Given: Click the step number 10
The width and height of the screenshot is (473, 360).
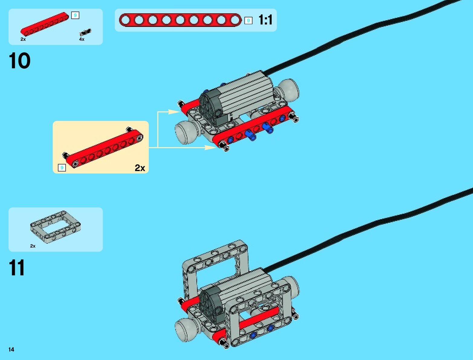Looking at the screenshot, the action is click(x=20, y=61).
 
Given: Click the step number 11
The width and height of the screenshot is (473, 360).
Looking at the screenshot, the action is click(x=17, y=268).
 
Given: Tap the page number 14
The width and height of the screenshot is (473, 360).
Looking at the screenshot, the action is click(x=11, y=349).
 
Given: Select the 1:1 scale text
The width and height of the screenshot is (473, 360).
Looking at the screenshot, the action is click(x=265, y=20).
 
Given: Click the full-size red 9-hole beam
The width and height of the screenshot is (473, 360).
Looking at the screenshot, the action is click(x=180, y=20).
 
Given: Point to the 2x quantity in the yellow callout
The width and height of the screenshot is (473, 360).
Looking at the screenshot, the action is click(x=140, y=168).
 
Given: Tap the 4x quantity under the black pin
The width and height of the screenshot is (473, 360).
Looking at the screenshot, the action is click(x=82, y=39).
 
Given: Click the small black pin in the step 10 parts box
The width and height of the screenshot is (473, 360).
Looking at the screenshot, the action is click(x=85, y=32).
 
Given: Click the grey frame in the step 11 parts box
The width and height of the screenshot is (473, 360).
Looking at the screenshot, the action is click(x=55, y=226).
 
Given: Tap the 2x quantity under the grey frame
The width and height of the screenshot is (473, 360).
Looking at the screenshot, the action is click(x=33, y=246).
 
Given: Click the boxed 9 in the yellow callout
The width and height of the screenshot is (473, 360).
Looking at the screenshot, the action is click(x=62, y=168).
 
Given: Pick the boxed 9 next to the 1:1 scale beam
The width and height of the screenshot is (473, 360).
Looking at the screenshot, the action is click(x=248, y=21).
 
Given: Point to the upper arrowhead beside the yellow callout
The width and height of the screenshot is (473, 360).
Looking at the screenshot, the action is click(x=174, y=112).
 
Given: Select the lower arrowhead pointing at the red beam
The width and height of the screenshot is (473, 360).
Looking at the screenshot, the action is click(x=210, y=148).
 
